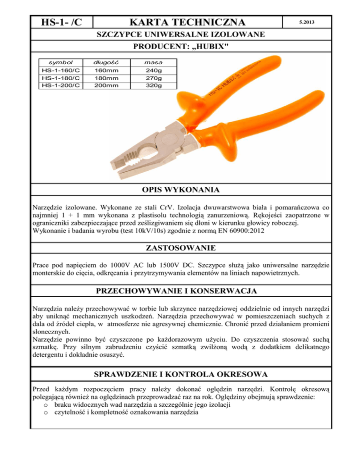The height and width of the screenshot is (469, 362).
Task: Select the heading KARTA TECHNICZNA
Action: click(x=188, y=22)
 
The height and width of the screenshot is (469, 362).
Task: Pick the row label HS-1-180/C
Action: click(x=60, y=78)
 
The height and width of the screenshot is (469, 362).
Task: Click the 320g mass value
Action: click(x=154, y=85)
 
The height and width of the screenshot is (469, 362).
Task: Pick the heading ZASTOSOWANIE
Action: click(x=181, y=247)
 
